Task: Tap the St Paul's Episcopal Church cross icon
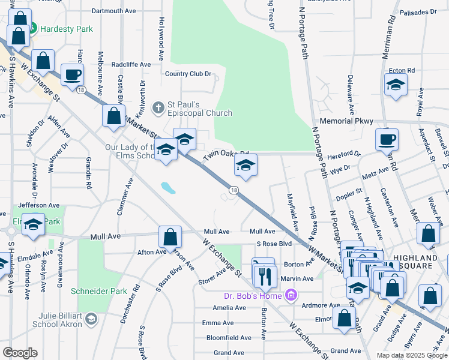pyautogui.click(x=158, y=107)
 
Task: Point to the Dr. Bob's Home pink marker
pyautogui.click(x=291, y=295)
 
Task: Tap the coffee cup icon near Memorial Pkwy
pyautogui.click(x=387, y=139)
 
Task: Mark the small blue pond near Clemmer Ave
pyautogui.click(x=167, y=188)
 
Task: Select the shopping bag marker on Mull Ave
pyautogui.click(x=170, y=237)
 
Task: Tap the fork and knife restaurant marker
pyautogui.click(x=265, y=275)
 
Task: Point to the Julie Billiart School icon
pyautogui.click(x=91, y=317)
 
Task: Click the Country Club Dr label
pyautogui.click(x=188, y=74)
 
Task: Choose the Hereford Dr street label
pyautogui.click(x=345, y=154)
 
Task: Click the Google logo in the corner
pyautogui.click(x=20, y=353)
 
